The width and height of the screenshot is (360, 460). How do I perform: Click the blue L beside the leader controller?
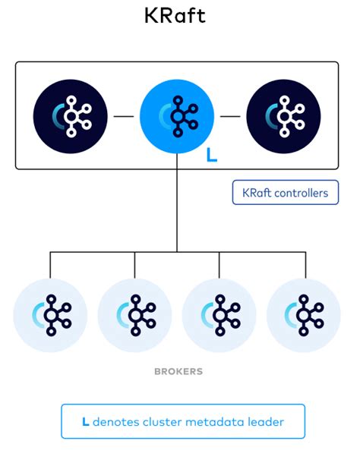[212, 156]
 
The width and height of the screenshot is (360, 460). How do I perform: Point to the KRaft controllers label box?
[285, 193]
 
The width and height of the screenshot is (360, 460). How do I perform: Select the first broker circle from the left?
[50, 313]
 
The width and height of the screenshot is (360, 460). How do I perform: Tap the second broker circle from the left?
[135, 313]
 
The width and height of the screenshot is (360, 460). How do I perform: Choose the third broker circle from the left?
[219, 313]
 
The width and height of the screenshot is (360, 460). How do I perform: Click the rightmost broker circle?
[305, 313]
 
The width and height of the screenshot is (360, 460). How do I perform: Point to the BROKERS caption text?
[178, 373]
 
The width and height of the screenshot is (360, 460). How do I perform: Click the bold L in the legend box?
[85, 421]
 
